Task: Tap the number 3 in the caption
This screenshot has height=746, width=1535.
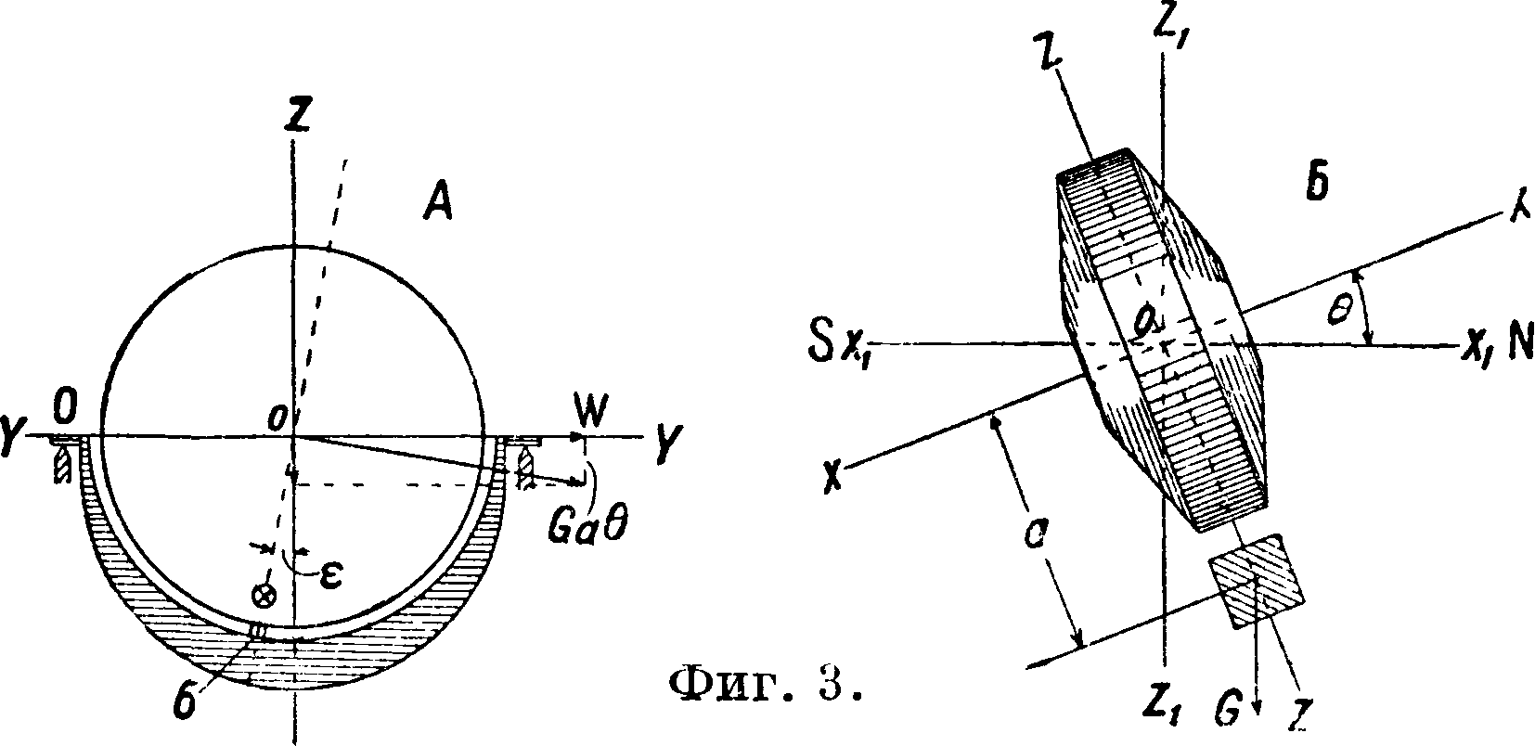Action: coord(832,687)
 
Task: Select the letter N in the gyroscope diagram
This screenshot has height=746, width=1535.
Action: coord(1518,345)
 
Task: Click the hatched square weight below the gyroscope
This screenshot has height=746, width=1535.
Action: coord(1258,582)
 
